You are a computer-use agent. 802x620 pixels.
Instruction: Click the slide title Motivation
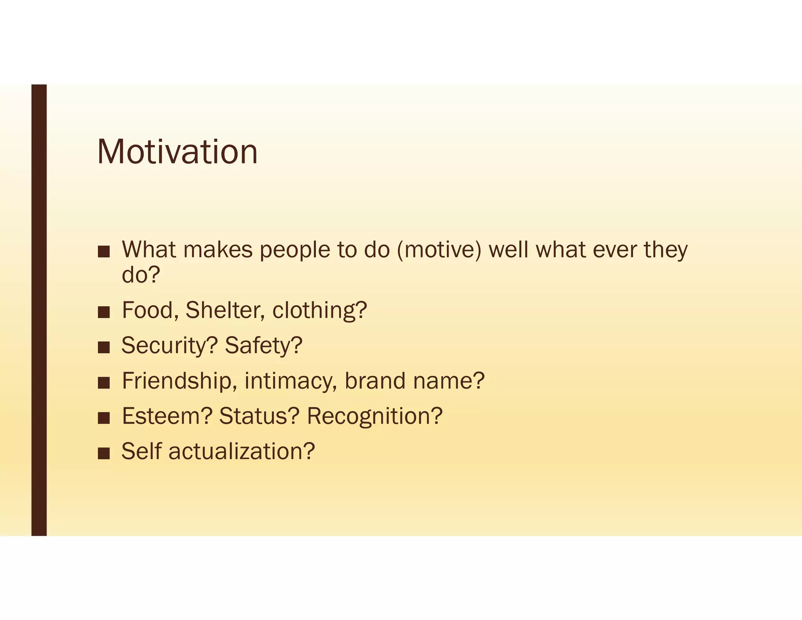click(x=177, y=152)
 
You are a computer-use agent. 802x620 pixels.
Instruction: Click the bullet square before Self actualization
click(x=104, y=453)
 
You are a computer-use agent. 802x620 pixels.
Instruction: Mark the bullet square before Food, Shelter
click(x=104, y=312)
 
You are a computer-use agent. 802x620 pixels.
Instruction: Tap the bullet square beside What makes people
click(x=104, y=252)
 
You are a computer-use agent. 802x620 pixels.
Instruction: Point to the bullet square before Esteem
click(x=104, y=418)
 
